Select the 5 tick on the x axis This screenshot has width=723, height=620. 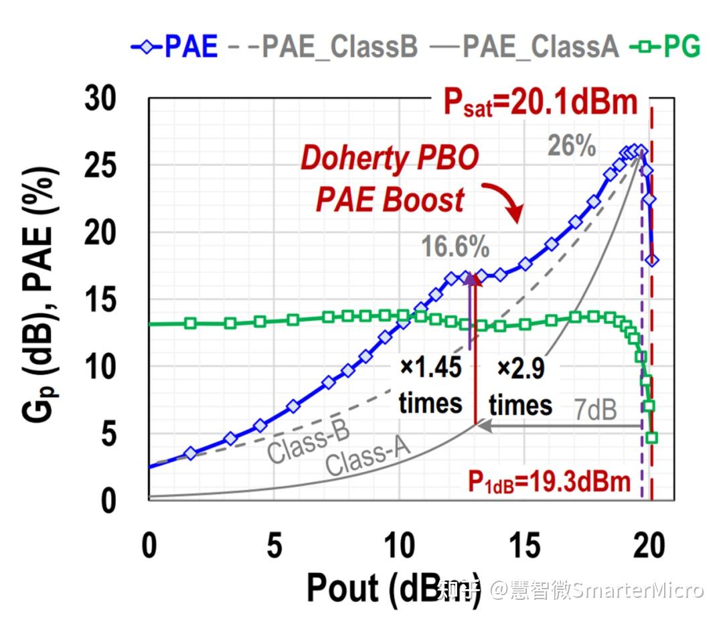pos(274,546)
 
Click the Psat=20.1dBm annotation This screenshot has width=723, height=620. pos(540,104)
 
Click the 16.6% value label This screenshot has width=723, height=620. pos(455,248)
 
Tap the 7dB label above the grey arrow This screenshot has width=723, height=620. pos(595,410)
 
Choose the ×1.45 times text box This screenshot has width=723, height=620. pos(430,386)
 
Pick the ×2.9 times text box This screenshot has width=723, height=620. pos(520,386)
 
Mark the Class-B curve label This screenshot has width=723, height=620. pos(308,443)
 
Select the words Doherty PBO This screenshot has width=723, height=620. pos(390,159)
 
